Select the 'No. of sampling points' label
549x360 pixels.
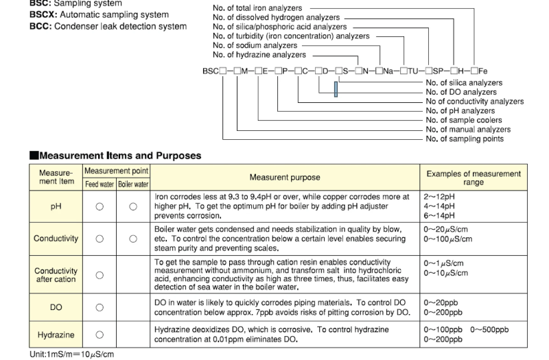[465, 139]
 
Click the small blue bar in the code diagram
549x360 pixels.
[336, 89]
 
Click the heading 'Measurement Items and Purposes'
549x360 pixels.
[120, 156]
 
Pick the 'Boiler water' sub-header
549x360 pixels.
[133, 184]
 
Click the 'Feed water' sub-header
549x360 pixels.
[100, 184]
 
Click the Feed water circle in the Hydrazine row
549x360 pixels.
[100, 335]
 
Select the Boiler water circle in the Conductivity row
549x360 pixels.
[133, 239]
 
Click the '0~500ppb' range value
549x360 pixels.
[489, 330]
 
